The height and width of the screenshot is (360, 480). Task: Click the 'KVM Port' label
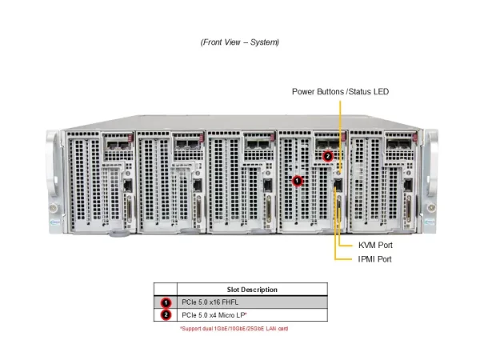tap(374, 245)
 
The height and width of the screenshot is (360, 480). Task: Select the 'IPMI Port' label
tap(374, 259)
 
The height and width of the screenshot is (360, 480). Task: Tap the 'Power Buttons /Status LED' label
tap(340, 92)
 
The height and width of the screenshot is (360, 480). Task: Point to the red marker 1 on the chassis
tap(298, 181)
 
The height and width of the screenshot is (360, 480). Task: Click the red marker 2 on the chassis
tap(328, 156)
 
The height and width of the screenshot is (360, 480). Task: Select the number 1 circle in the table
tap(166, 303)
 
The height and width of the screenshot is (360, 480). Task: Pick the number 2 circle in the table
tap(166, 316)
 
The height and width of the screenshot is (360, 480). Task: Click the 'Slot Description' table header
tap(252, 290)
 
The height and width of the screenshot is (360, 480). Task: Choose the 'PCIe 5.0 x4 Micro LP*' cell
tap(217, 316)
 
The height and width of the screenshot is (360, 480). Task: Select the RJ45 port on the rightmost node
tap(409, 186)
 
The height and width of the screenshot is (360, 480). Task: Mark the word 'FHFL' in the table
tap(232, 303)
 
